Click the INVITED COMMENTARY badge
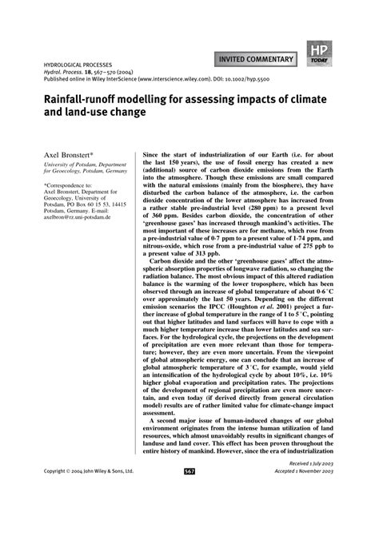[252, 57]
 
